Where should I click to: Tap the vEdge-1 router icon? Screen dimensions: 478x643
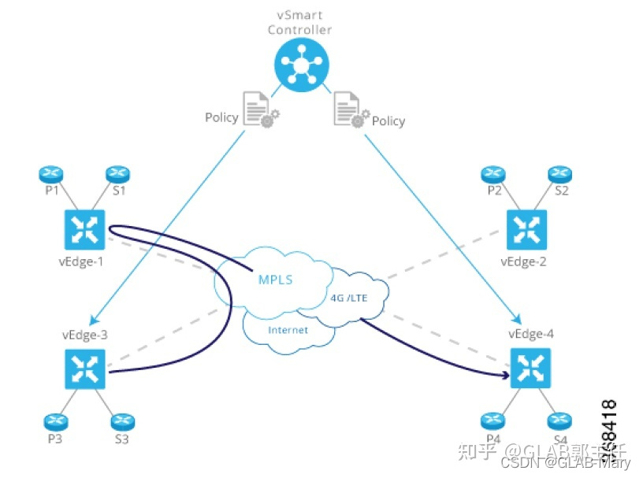[x=83, y=229]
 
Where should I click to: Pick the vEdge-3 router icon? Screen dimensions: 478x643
[x=83, y=369]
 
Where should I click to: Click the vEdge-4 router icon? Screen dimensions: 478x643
[x=529, y=369]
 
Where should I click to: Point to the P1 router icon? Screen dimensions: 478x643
[x=50, y=172]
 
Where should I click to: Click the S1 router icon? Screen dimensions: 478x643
[x=117, y=172]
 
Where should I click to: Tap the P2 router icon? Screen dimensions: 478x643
[x=493, y=172]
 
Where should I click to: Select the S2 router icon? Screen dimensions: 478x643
[x=559, y=172]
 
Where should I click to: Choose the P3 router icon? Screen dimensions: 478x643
[x=54, y=421]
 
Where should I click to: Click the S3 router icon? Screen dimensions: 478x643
[x=121, y=421]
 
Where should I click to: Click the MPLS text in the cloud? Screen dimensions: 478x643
[x=277, y=280]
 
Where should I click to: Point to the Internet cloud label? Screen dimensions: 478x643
[x=288, y=330]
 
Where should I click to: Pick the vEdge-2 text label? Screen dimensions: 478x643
[x=523, y=261]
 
